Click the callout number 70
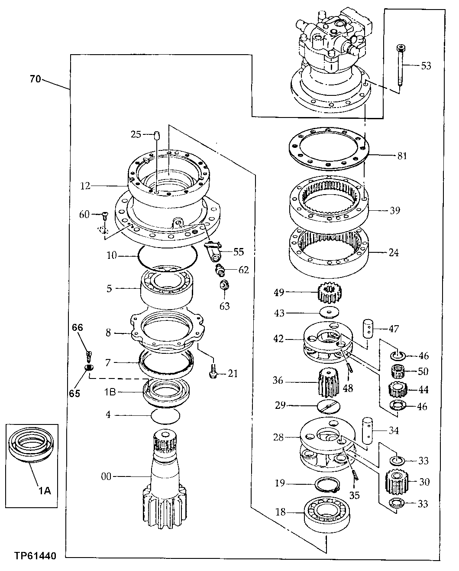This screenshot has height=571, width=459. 36,79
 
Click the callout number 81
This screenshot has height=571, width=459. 402,156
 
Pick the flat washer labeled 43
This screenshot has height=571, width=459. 329,313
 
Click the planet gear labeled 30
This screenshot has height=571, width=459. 397,482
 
